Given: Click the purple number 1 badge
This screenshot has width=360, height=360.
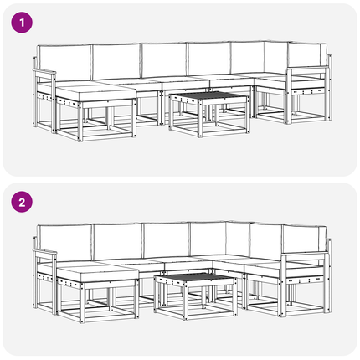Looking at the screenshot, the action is click(x=22, y=23).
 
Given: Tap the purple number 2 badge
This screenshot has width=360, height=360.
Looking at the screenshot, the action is click(x=22, y=202).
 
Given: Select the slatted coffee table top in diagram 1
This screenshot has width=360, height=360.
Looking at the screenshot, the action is click(x=208, y=96).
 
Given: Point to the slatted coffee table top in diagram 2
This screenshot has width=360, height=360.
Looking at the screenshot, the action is click(x=195, y=278).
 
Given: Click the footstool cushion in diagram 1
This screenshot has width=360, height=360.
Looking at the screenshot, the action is click(x=95, y=93).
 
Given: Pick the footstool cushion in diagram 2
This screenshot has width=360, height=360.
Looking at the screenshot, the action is click(x=98, y=274).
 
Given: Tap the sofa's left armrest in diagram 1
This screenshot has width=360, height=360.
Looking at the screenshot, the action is click(x=44, y=72).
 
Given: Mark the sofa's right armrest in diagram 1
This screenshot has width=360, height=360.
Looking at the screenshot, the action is click(x=307, y=68).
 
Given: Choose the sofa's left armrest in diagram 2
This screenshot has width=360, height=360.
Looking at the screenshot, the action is click(x=45, y=252).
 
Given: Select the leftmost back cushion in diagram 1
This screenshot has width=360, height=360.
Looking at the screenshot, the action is click(x=64, y=63).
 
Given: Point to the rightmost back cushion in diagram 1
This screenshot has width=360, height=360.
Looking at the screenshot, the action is click(x=307, y=58).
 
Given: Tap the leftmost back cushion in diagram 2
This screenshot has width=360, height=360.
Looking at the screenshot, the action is click(x=64, y=243).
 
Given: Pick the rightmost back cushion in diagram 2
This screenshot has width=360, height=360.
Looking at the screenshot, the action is click(x=304, y=240).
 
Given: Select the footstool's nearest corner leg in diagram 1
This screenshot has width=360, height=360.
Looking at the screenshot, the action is click(x=80, y=122).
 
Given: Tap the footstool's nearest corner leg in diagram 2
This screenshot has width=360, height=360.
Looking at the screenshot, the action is click(x=82, y=303).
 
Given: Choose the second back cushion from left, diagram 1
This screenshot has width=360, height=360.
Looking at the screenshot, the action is click(x=116, y=61).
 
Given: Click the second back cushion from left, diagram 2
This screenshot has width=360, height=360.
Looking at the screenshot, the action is click(x=118, y=241).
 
